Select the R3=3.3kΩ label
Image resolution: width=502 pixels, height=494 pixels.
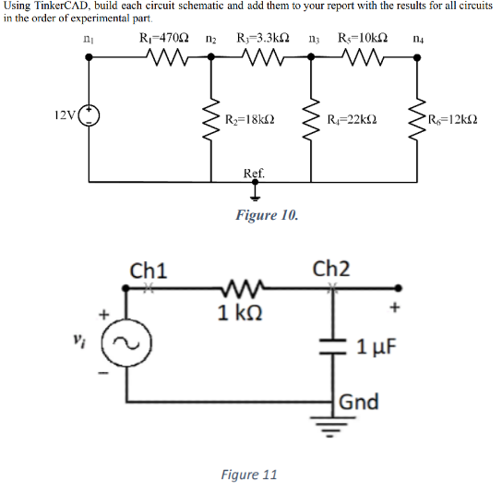coord(263,39)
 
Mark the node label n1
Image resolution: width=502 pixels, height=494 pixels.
coord(88,40)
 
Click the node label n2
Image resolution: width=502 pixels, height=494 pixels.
coord(211,40)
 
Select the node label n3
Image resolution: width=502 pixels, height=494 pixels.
coord(314,40)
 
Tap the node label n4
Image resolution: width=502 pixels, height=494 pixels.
coord(420,40)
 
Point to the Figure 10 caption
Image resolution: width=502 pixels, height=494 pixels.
coord(267,215)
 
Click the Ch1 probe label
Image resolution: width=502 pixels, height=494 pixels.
coord(149,271)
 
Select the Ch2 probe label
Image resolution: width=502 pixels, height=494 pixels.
coord(331,269)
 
